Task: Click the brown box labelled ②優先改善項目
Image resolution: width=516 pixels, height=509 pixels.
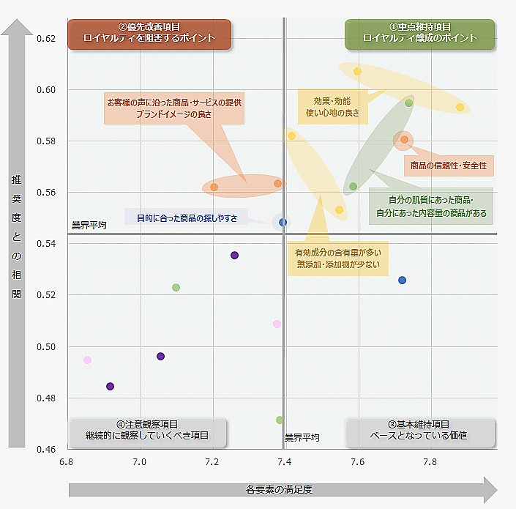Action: [x=149, y=34]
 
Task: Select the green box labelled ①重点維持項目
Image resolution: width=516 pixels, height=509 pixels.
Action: [x=419, y=34]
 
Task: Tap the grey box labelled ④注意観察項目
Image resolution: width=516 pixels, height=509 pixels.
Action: [x=147, y=431]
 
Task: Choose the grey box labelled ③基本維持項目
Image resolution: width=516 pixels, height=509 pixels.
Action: [x=419, y=431]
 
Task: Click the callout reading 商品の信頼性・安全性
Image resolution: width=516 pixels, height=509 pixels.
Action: [x=449, y=166]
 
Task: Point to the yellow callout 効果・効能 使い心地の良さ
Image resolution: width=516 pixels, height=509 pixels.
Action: [x=332, y=107]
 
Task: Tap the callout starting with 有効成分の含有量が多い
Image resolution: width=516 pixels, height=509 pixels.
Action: [x=338, y=258]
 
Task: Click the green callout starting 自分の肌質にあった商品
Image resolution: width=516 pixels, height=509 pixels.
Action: [x=430, y=207]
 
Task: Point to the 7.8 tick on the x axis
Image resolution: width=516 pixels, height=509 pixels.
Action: [x=430, y=462]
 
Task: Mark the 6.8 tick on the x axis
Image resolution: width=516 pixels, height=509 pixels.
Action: [x=66, y=462]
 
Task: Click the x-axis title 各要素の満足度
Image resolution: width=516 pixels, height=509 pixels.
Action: [x=279, y=489]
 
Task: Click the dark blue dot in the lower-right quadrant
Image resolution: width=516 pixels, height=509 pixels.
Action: [x=402, y=280]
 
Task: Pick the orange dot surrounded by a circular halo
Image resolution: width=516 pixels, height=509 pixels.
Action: [x=404, y=140]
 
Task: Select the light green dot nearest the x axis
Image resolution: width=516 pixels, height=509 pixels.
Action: [x=280, y=420]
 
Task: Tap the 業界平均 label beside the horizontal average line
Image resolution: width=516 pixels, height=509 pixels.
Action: [x=89, y=226]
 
